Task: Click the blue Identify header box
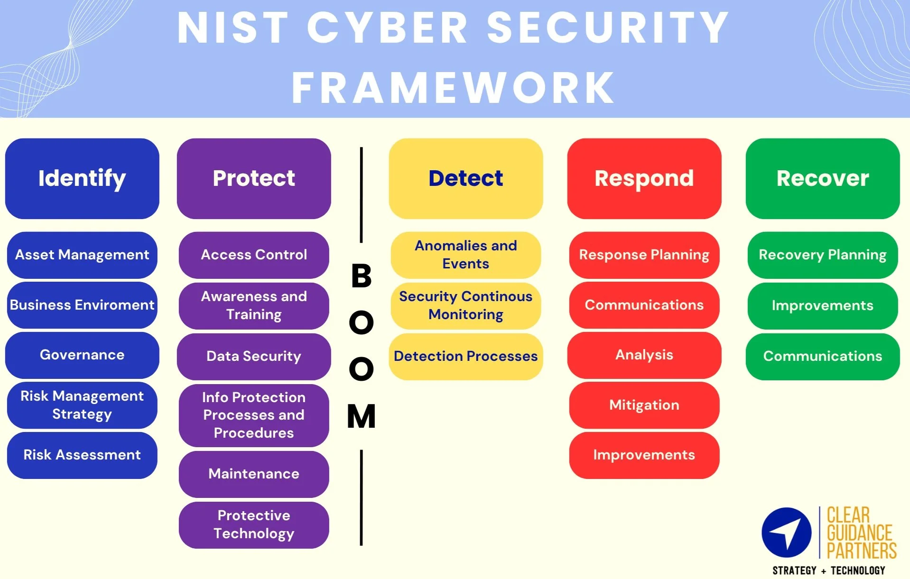(x=82, y=178)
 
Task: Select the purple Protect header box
(x=254, y=178)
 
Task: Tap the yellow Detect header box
(x=465, y=178)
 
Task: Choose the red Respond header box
(x=644, y=178)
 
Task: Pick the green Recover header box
(x=822, y=178)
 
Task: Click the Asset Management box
(x=82, y=255)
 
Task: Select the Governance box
(x=82, y=355)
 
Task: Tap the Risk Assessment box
(x=82, y=455)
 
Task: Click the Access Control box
(x=254, y=255)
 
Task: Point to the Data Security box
(x=254, y=356)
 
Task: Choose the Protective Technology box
(x=254, y=524)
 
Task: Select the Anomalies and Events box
(x=465, y=255)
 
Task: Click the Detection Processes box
(x=465, y=356)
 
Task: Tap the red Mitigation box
(x=644, y=405)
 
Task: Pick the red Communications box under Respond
(x=644, y=305)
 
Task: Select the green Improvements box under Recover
(x=822, y=305)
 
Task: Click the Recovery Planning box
(x=822, y=255)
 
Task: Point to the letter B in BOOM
(x=361, y=276)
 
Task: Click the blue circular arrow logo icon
(x=786, y=533)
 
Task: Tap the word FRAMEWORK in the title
(x=453, y=88)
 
